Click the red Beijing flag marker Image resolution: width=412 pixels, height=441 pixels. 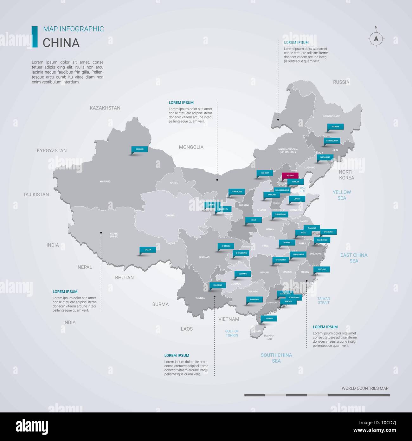(290, 175)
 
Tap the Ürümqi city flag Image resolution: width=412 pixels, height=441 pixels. (140, 149)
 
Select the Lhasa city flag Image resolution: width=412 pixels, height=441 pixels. (148, 250)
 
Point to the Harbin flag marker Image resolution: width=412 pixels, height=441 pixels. (335, 127)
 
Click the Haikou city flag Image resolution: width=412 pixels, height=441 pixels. (269, 318)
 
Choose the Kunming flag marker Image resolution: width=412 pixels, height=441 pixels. (218, 285)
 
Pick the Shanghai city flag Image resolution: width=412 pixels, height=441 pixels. (328, 232)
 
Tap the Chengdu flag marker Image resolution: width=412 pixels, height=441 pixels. (226, 246)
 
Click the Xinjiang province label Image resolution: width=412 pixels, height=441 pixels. (105, 181)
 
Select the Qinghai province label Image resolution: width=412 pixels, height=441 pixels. (170, 215)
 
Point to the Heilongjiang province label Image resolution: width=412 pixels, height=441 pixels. (332, 116)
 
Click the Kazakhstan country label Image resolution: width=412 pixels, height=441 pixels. (105, 108)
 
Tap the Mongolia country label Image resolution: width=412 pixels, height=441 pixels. (191, 147)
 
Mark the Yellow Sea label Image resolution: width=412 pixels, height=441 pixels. (342, 195)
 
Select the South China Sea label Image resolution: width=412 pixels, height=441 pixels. (276, 358)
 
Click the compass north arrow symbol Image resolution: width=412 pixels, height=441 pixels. (376, 39)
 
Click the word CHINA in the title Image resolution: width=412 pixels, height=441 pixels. (61, 43)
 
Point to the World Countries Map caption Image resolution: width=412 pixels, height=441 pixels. (365, 388)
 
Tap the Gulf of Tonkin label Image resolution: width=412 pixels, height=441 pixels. (232, 333)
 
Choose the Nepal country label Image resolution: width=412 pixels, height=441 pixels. (85, 267)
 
